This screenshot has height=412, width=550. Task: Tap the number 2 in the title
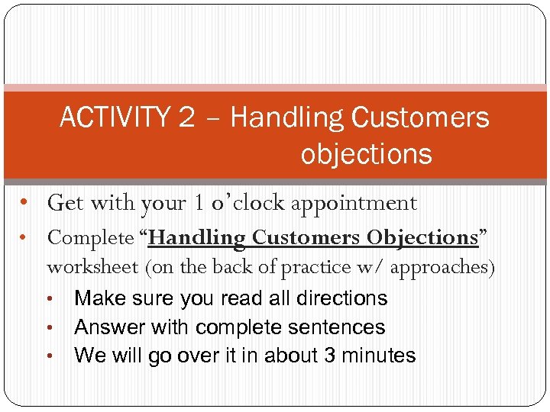coord(186,118)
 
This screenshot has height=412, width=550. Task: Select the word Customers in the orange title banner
coord(419,118)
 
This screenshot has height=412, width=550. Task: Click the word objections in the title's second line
coord(366,154)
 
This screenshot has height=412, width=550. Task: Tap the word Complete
coord(90,238)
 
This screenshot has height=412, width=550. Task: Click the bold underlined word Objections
coord(422,237)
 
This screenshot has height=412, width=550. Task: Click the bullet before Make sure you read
coord(50,298)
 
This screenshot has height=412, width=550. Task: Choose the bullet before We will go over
coord(50,356)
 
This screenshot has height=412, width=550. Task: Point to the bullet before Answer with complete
coord(50,327)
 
